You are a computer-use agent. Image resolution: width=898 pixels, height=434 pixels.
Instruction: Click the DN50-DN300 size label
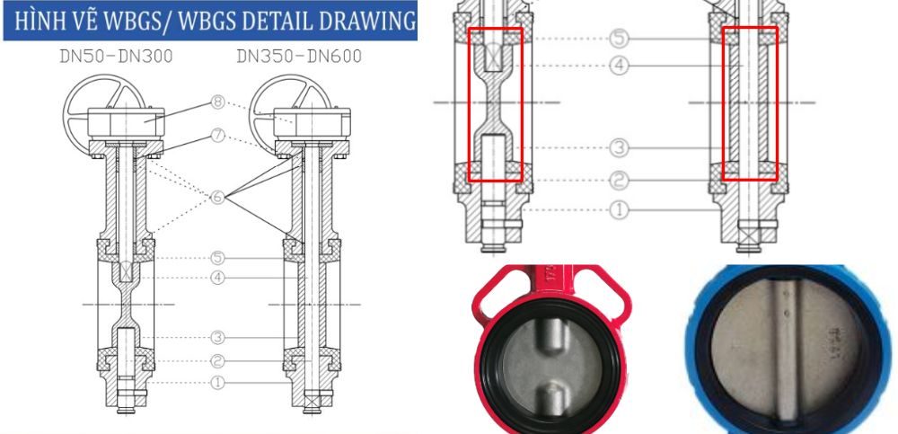tap(116, 57)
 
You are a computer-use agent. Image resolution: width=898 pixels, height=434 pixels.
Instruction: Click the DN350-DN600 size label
tap(299, 57)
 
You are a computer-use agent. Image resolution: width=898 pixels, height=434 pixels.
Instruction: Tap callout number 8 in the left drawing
tap(217, 102)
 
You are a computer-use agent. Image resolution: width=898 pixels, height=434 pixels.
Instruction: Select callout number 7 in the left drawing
tap(217, 137)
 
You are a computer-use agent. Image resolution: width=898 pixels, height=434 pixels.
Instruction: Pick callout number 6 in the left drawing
tap(217, 198)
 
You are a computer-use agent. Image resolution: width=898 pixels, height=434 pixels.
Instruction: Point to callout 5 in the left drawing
tap(217, 258)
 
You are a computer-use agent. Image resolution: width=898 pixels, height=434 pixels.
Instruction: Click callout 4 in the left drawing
tap(217, 278)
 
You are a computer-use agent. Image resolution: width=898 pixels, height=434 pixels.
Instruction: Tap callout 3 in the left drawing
tap(217, 338)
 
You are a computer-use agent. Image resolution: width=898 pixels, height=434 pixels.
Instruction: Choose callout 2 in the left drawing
tap(217, 361)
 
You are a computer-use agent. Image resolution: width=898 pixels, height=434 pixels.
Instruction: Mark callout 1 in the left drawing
tap(217, 383)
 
